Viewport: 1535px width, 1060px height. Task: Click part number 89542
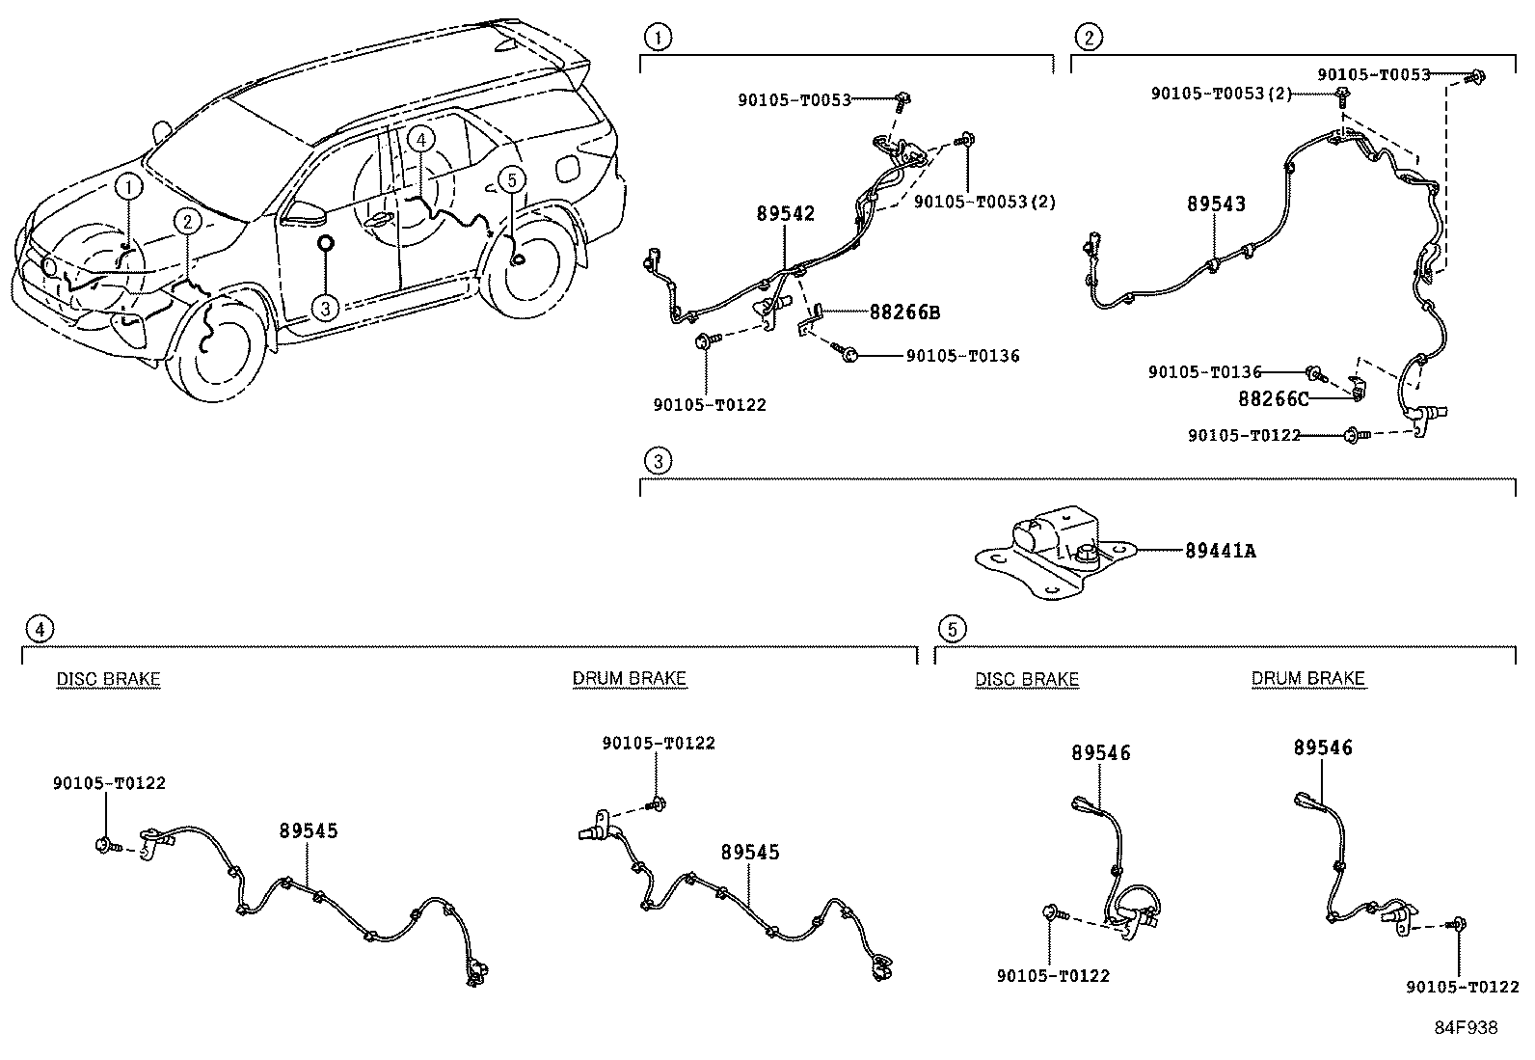click(785, 213)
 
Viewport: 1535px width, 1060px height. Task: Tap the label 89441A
click(1220, 552)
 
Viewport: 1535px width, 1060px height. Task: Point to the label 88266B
click(903, 313)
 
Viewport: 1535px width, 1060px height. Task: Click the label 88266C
click(1273, 397)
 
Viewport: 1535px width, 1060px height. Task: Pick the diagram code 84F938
click(1465, 1028)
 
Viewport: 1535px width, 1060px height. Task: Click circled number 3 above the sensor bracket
click(658, 461)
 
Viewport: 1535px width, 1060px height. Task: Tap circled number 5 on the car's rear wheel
click(512, 178)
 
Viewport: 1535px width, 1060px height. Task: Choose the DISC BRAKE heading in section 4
click(108, 679)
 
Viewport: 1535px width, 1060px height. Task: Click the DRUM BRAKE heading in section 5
click(1307, 679)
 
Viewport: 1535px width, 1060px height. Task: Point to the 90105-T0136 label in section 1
click(962, 356)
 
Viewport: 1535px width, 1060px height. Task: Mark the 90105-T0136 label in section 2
click(1204, 372)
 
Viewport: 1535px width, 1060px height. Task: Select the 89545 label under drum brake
click(750, 853)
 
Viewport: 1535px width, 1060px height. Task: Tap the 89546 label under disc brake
click(1100, 753)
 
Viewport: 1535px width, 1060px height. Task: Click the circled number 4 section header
click(39, 630)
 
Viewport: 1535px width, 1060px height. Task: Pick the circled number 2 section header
click(1089, 38)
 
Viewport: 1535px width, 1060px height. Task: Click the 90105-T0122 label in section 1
click(709, 405)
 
